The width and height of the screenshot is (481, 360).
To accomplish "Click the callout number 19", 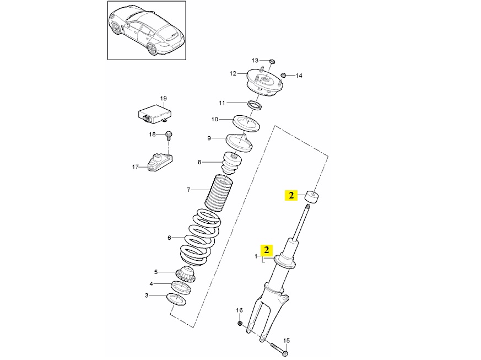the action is [164, 99].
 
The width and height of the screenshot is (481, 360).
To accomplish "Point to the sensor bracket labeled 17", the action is [160, 163].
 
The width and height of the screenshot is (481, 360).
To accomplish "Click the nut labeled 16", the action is [240, 323].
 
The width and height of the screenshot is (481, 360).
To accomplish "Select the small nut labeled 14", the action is [284, 75].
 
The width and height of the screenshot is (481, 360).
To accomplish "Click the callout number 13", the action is [255, 61].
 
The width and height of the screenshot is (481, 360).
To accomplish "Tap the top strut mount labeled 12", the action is [264, 83].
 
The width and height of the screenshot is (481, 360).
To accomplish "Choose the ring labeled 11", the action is [255, 105].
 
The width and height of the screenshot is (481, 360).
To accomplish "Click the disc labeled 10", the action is [247, 123].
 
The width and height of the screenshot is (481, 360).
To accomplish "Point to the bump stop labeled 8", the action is [231, 163].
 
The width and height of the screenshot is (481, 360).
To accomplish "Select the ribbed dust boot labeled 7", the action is [219, 193].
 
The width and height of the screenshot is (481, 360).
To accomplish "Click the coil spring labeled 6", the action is [199, 237].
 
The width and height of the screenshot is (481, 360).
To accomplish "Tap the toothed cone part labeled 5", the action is [185, 275].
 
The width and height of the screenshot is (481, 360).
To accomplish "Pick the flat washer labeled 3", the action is [176, 299].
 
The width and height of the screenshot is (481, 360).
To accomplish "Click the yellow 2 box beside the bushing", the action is [291, 195].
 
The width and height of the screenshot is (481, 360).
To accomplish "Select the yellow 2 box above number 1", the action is [267, 250].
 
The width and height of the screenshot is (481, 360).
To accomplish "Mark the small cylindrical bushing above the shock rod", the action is [312, 197].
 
